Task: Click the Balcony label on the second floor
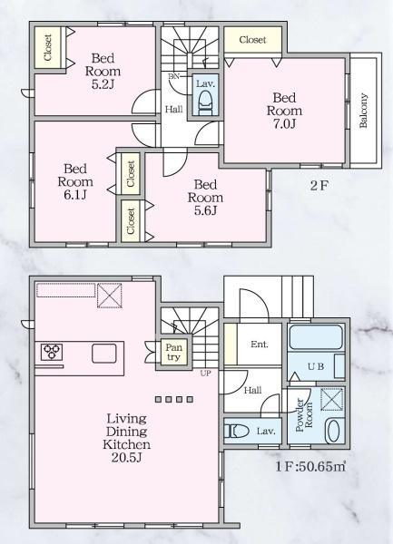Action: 363,112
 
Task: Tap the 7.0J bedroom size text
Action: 280,125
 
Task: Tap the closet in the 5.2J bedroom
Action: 44,47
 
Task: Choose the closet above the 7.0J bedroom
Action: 252,41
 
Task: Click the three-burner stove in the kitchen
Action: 50,353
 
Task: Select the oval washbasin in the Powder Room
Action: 332,432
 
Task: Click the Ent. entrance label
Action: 259,344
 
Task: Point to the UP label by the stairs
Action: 206,373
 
